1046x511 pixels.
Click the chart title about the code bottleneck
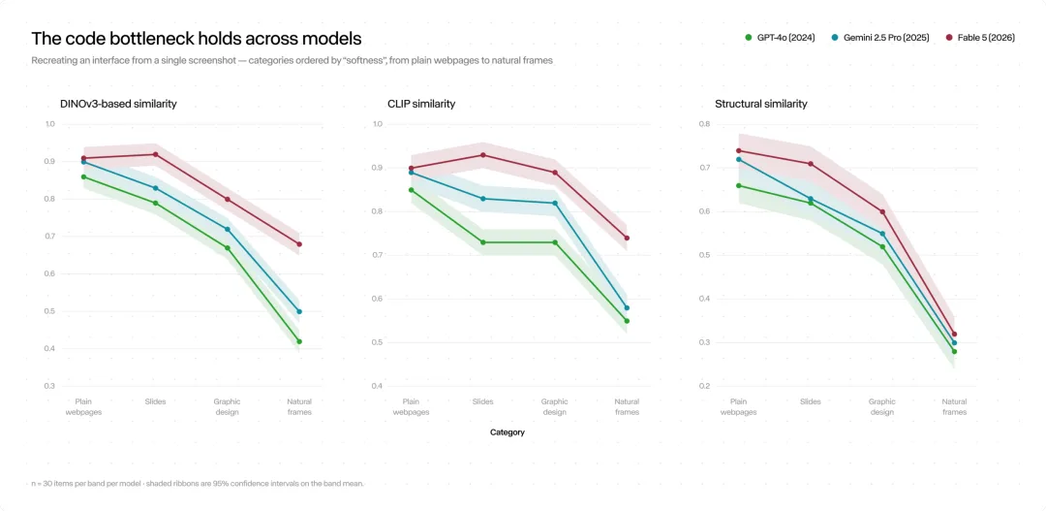[196, 38]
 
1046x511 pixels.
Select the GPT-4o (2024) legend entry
[779, 38]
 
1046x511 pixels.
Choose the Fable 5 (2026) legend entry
[980, 38]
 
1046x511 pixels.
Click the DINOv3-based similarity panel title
[119, 104]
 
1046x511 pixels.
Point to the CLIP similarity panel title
[421, 104]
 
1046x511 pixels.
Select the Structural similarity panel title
[761, 104]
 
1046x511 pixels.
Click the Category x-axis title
[507, 432]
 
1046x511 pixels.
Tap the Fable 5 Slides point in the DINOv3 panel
[155, 154]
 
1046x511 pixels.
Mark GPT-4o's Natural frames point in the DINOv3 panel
[299, 341]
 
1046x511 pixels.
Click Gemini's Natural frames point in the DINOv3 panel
[299, 311]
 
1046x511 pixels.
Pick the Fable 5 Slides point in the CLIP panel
[483, 155]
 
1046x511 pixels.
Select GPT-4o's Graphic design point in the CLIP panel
[555, 242]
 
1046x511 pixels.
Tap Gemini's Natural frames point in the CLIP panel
[627, 308]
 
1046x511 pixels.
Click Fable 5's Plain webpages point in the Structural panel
[738, 150]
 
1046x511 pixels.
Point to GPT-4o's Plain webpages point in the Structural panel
[738, 186]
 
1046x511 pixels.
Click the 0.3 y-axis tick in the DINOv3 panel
[49, 386]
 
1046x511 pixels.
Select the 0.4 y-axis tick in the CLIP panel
[377, 386]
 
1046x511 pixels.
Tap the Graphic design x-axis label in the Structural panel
[882, 407]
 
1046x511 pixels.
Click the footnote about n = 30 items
[198, 484]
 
